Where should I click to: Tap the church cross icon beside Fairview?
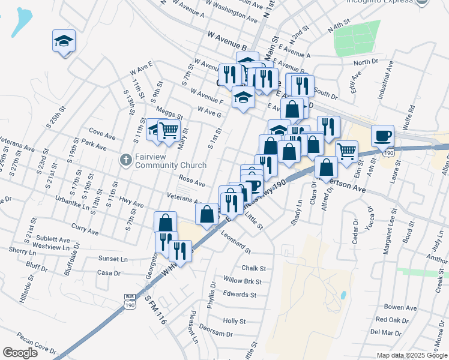click(x=125, y=160)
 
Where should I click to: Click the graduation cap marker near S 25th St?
click(x=64, y=41)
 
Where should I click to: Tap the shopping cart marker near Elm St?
click(x=347, y=151)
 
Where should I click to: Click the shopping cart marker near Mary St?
click(x=169, y=130)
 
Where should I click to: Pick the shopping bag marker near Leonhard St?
click(x=207, y=214)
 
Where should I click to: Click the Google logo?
click(x=20, y=353)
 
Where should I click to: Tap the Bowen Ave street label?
click(x=400, y=308)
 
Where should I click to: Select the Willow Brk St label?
click(x=242, y=281)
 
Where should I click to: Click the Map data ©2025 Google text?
click(x=412, y=355)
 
